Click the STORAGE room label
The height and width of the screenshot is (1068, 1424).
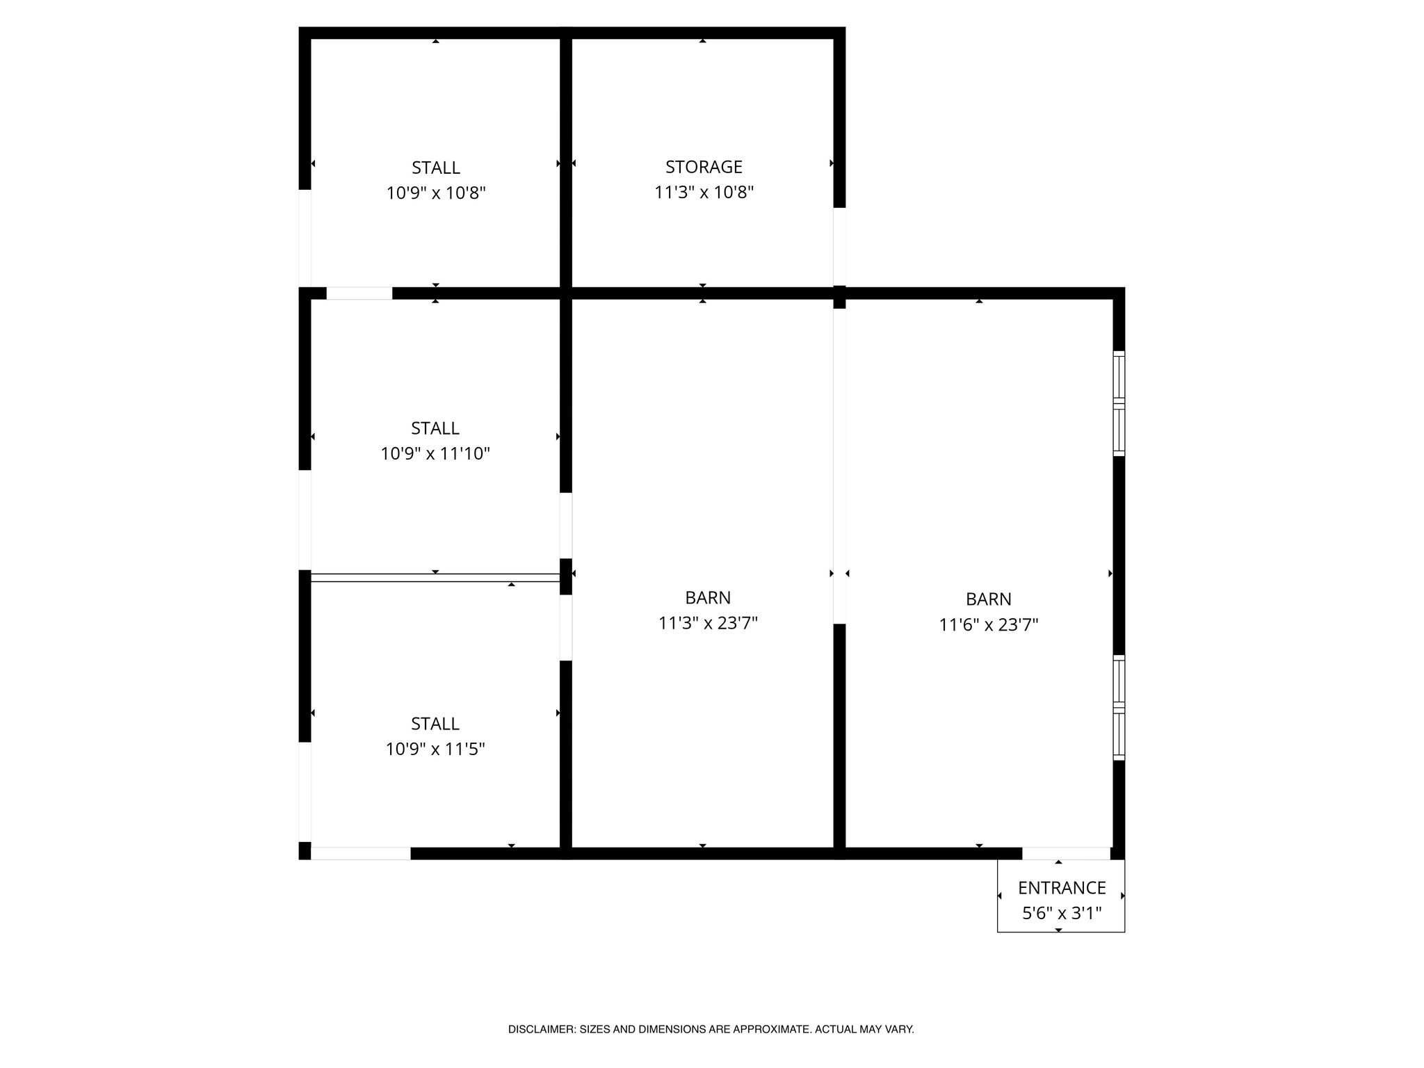704,167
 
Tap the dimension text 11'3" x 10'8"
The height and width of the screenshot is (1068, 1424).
704,192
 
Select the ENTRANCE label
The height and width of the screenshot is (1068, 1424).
1062,888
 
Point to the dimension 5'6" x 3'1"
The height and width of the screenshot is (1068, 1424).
1062,913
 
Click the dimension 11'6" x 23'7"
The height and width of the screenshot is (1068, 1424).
989,624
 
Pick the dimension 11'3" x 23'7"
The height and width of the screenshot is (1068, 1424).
708,623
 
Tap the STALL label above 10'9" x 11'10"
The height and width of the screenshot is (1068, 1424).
435,428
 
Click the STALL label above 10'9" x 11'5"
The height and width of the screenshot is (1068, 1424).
435,724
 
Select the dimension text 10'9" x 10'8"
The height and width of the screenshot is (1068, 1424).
436,193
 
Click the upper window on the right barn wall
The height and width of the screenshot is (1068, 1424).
1119,403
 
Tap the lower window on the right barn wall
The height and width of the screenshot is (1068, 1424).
1119,707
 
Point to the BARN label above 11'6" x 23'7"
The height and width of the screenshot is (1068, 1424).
989,599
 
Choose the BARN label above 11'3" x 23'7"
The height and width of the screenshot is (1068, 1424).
708,598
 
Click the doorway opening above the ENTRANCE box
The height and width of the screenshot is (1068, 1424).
1066,854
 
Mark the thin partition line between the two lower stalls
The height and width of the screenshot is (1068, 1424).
435,577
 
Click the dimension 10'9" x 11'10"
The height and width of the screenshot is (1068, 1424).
435,453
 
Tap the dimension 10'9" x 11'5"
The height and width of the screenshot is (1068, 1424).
435,749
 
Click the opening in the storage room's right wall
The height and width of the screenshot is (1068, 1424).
839,246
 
